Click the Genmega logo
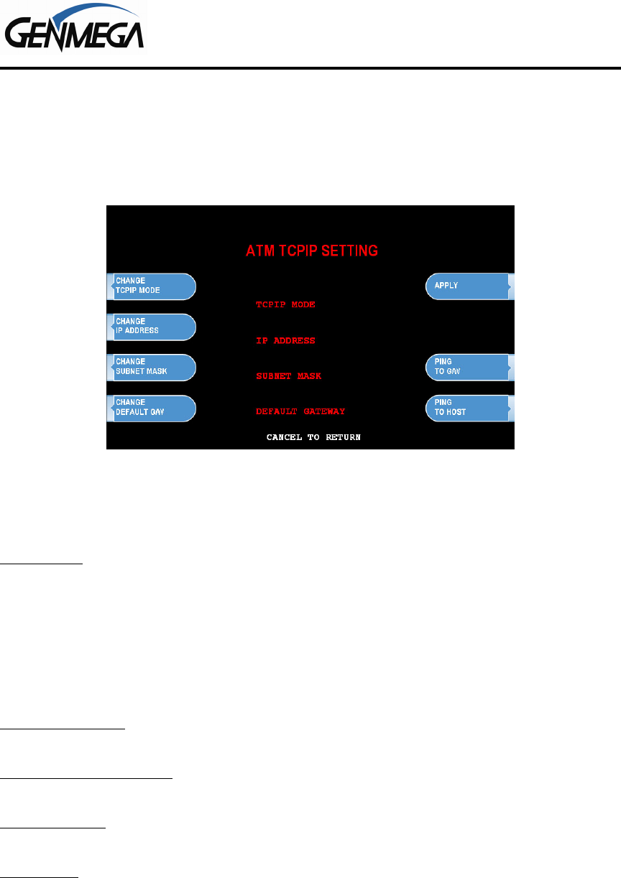click(x=74, y=27)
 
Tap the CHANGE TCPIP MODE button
click(x=152, y=286)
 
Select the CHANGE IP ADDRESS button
click(x=152, y=327)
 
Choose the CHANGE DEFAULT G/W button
click(x=152, y=408)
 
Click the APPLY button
click(x=470, y=286)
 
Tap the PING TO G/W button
click(x=470, y=368)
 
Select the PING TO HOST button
click(x=470, y=408)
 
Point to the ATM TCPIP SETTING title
click(x=312, y=251)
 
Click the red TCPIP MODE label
click(x=285, y=304)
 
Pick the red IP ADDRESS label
click(x=285, y=340)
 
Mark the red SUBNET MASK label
click(x=288, y=376)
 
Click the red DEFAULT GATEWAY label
click(x=300, y=411)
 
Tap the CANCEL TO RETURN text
click(x=313, y=437)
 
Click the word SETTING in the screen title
click(x=350, y=251)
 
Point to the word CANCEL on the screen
click(x=284, y=437)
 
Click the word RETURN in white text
click(x=343, y=437)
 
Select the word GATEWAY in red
click(x=324, y=411)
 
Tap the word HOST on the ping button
click(x=456, y=412)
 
